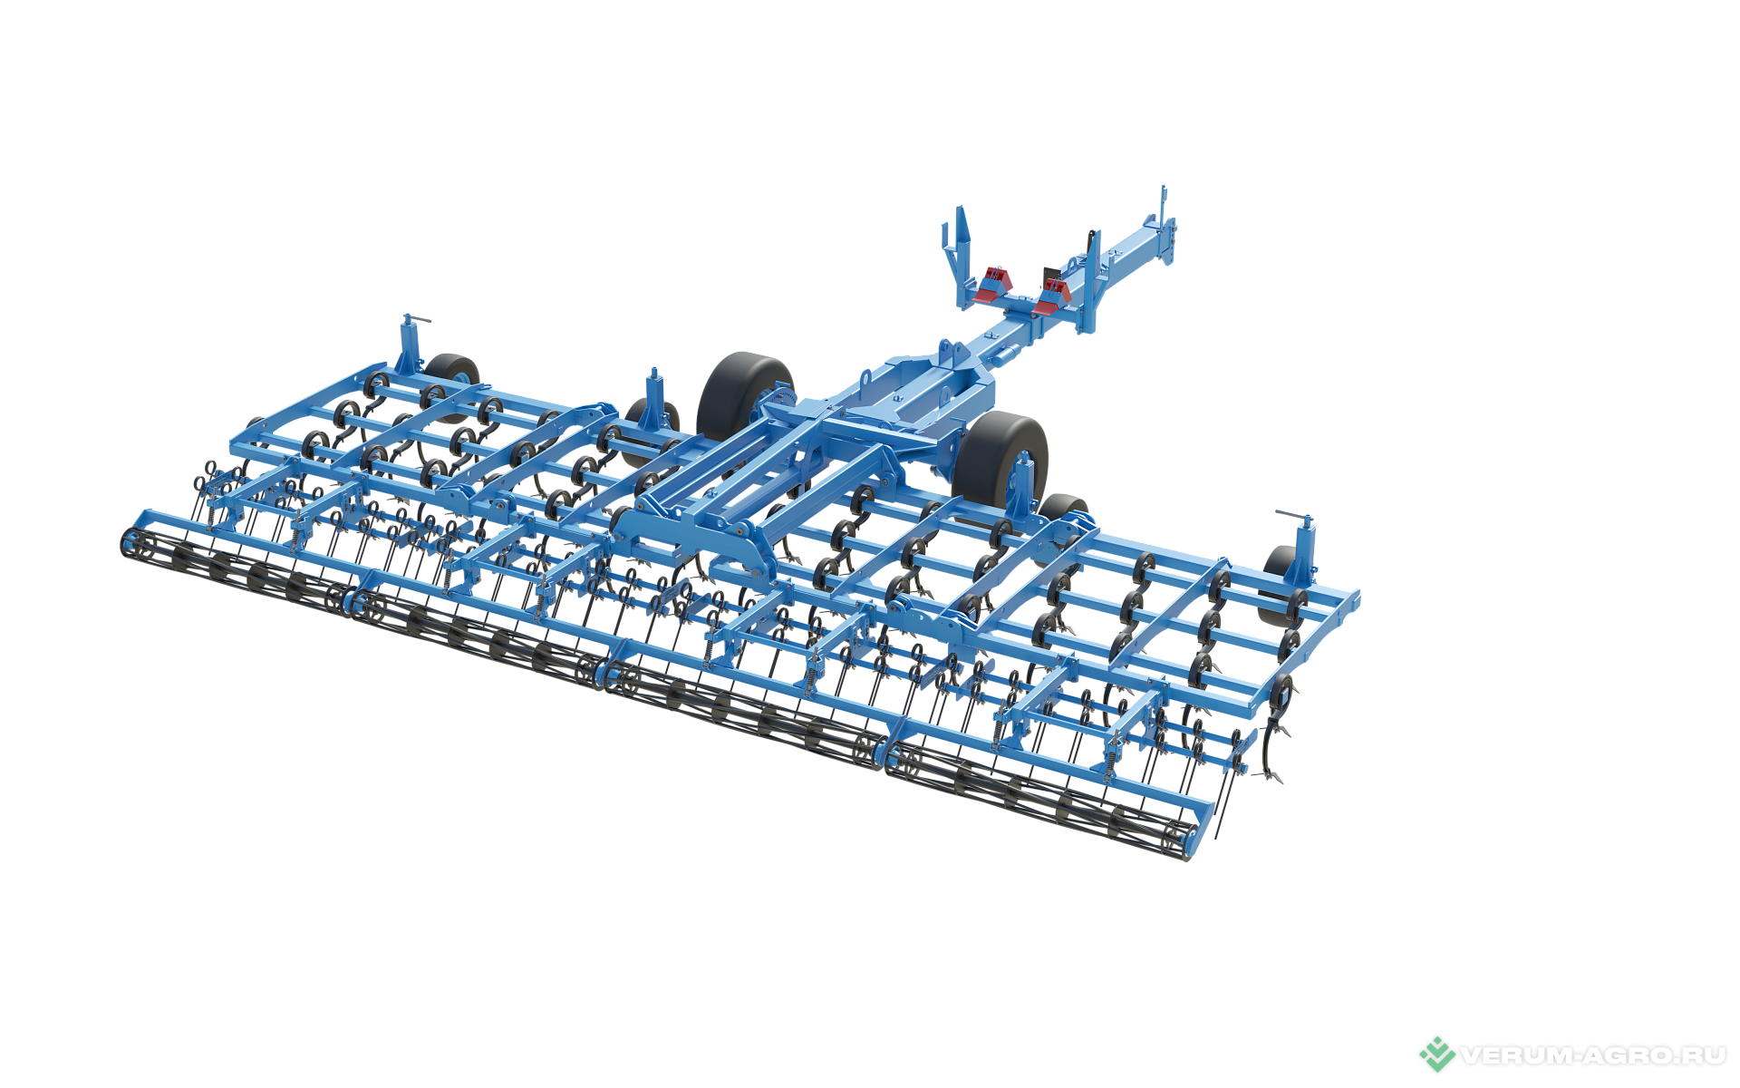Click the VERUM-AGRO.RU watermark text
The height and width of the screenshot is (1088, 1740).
[x=1593, y=1055]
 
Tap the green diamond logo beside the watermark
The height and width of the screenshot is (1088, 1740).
[x=1436, y=1054]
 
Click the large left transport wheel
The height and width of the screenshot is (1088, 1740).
[x=745, y=396]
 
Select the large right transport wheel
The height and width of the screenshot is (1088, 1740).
[x=1000, y=459]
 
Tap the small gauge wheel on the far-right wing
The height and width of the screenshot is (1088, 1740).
[x=1280, y=586]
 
